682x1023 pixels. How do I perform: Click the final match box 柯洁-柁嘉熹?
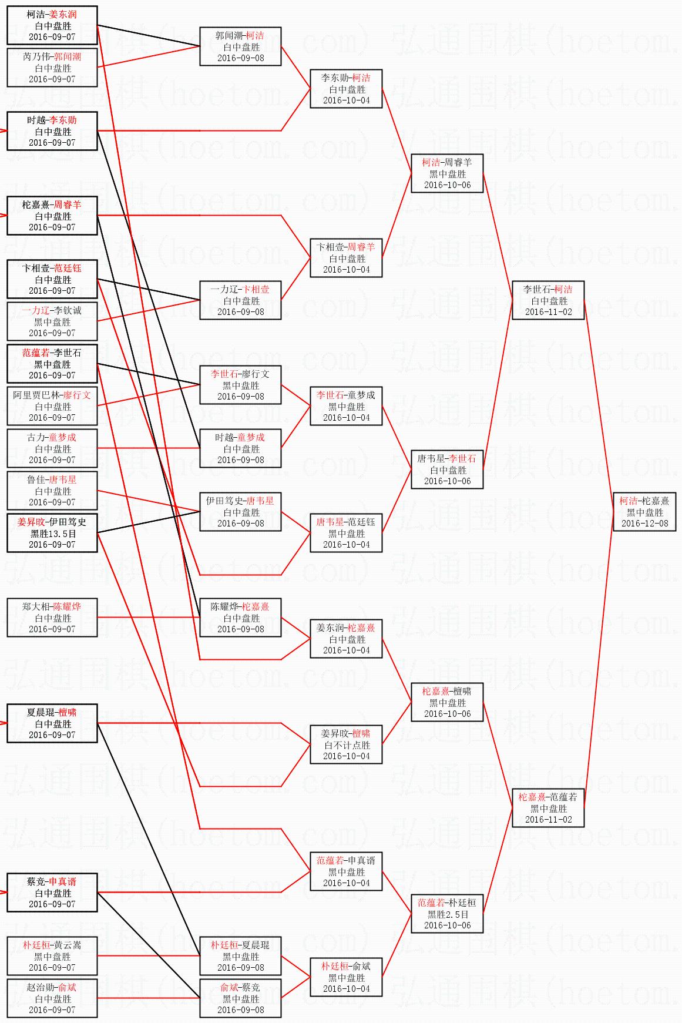(x=644, y=512)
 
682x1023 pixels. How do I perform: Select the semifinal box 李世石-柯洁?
(x=548, y=300)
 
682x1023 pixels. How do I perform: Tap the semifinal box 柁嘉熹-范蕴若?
(x=548, y=808)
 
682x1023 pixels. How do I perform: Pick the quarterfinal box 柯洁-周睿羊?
(x=447, y=173)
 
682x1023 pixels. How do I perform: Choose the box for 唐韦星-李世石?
(x=447, y=469)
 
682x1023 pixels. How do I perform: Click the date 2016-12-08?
(x=644, y=523)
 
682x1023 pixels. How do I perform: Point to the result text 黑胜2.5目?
(x=448, y=914)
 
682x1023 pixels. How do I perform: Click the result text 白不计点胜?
(x=347, y=745)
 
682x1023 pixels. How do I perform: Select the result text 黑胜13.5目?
(x=52, y=534)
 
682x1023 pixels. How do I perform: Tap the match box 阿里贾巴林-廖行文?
(x=52, y=406)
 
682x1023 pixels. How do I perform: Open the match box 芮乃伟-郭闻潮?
(x=52, y=68)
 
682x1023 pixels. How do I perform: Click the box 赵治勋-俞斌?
(x=52, y=998)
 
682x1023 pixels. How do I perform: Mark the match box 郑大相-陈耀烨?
(x=52, y=618)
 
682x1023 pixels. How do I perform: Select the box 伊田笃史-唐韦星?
(x=240, y=512)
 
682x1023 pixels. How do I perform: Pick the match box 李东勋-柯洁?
(x=347, y=89)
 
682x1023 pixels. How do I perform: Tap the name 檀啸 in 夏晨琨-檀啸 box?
(x=68, y=712)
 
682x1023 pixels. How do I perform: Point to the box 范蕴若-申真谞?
(x=347, y=871)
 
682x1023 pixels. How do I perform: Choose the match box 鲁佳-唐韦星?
(x=52, y=491)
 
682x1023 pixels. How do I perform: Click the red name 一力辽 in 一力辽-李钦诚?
(x=35, y=310)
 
